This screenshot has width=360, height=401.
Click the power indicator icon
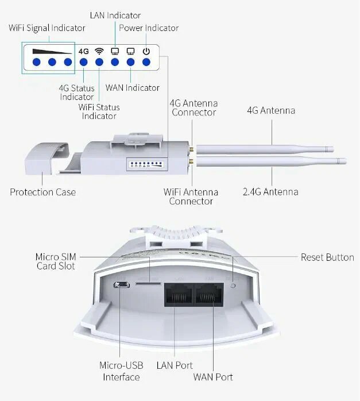click(x=146, y=51)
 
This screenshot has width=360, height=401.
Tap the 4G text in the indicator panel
click(x=84, y=51)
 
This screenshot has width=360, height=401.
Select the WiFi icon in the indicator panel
click(x=99, y=51)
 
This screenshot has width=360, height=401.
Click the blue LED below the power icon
click(x=146, y=62)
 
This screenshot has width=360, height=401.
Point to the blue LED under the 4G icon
click(x=84, y=62)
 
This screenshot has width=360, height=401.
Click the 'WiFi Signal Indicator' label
click(x=47, y=28)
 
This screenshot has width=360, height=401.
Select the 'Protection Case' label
click(x=42, y=192)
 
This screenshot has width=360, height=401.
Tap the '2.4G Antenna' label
click(x=270, y=191)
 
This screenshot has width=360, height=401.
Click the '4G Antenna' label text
click(x=271, y=110)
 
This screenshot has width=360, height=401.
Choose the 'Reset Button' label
click(x=327, y=257)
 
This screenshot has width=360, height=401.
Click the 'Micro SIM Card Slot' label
click(x=55, y=261)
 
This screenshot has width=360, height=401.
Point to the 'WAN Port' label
click(x=214, y=377)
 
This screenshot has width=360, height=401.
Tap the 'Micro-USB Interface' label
click(x=121, y=371)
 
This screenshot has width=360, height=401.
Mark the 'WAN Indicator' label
click(x=133, y=88)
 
